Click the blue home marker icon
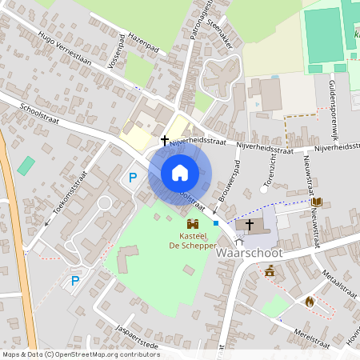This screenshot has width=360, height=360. (180, 172)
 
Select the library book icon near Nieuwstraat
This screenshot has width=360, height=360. (317, 202)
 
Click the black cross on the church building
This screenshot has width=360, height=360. (250, 225)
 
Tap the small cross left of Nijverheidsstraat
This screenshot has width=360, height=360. (165, 141)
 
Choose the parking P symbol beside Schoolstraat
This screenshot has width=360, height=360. (133, 177)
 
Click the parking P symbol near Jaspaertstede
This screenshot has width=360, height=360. (75, 281)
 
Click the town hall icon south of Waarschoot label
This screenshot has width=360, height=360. (270, 273)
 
